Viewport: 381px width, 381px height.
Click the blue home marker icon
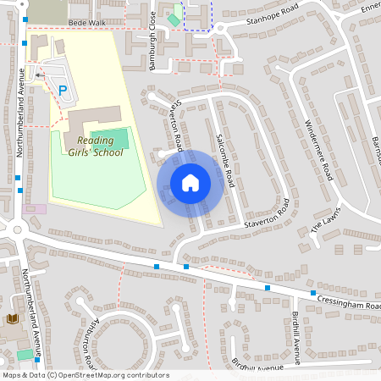click(190, 183)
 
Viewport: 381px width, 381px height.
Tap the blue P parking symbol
click(62, 90)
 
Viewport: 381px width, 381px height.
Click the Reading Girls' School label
click(100, 146)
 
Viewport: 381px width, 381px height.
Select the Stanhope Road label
click(273, 18)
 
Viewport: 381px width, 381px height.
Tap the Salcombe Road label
click(224, 149)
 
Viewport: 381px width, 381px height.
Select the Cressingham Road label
click(348, 302)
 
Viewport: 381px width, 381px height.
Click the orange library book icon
click(12, 318)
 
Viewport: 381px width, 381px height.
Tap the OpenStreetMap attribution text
click(85, 375)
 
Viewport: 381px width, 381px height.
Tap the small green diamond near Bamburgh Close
click(174, 19)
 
